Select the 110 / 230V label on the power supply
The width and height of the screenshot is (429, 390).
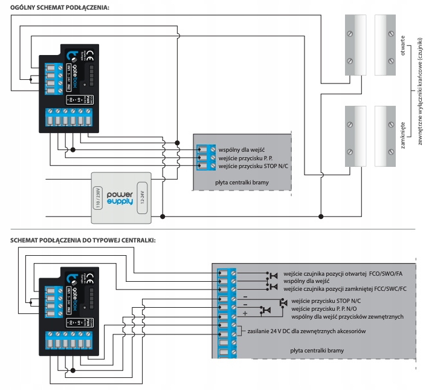(97, 197)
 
